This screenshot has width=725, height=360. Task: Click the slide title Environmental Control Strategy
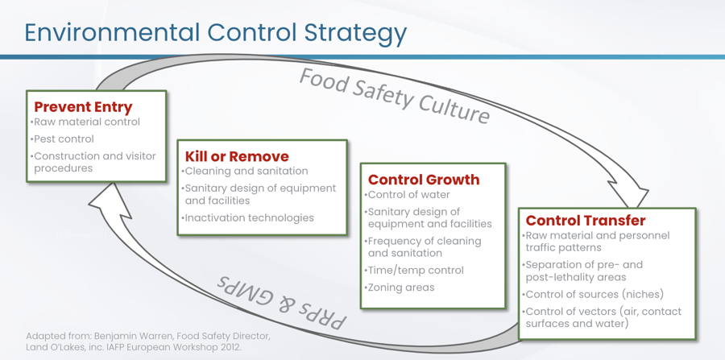tap(215, 33)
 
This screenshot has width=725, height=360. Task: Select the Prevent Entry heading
tap(83, 107)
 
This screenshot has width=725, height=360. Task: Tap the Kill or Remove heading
tap(237, 156)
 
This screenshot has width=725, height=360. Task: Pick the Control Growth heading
tap(424, 180)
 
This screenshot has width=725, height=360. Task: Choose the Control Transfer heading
tap(586, 220)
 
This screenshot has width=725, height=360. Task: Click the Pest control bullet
tap(62, 139)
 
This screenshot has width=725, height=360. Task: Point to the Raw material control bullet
tap(85, 122)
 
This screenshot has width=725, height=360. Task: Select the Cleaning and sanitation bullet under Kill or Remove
tap(245, 171)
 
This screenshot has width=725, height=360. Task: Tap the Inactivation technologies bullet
tap(248, 217)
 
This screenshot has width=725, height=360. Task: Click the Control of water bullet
tap(408, 195)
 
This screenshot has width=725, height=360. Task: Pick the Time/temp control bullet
tap(414, 271)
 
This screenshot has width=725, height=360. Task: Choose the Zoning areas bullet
tap(400, 288)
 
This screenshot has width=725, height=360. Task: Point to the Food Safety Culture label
tap(395, 96)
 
